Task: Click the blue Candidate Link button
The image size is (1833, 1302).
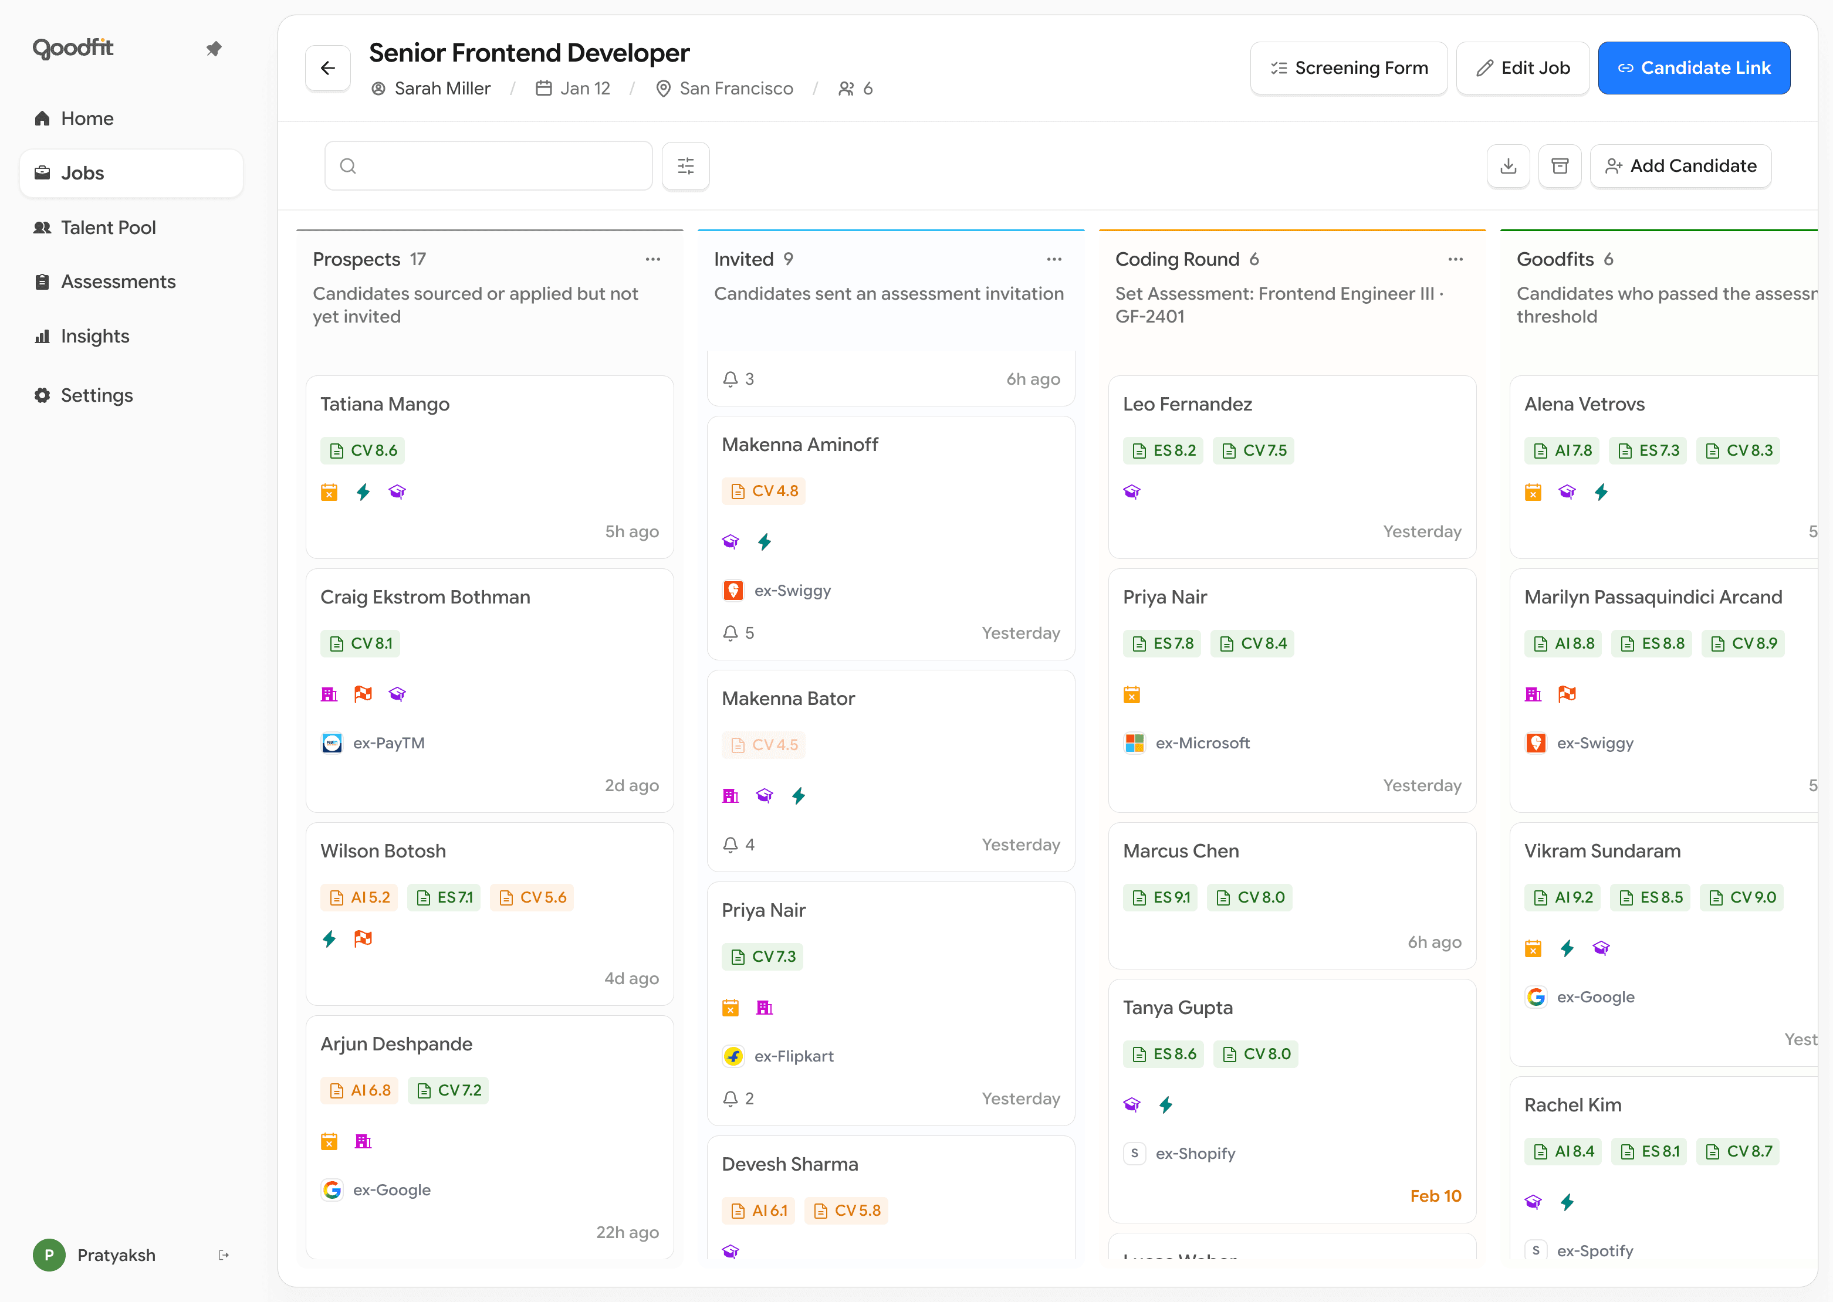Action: [x=1693, y=68]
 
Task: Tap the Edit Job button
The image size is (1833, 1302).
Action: [x=1522, y=68]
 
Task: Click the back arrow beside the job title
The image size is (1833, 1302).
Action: [x=328, y=68]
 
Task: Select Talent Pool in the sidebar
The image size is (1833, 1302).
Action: [x=108, y=228]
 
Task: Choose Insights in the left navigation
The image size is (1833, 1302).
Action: [x=94, y=337]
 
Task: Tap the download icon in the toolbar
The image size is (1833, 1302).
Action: [x=1507, y=166]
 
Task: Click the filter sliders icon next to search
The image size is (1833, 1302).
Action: [x=685, y=166]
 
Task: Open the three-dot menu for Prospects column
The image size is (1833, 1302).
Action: [x=652, y=259]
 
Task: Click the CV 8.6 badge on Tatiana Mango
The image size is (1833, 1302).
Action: [x=363, y=450]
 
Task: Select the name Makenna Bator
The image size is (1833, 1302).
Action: [x=787, y=699]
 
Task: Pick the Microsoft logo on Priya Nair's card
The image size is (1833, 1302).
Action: [x=1134, y=743]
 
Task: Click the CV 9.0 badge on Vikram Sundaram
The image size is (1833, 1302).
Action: [x=1743, y=897]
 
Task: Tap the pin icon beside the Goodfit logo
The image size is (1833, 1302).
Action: [x=214, y=49]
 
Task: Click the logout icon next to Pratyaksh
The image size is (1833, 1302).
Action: [x=224, y=1254]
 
